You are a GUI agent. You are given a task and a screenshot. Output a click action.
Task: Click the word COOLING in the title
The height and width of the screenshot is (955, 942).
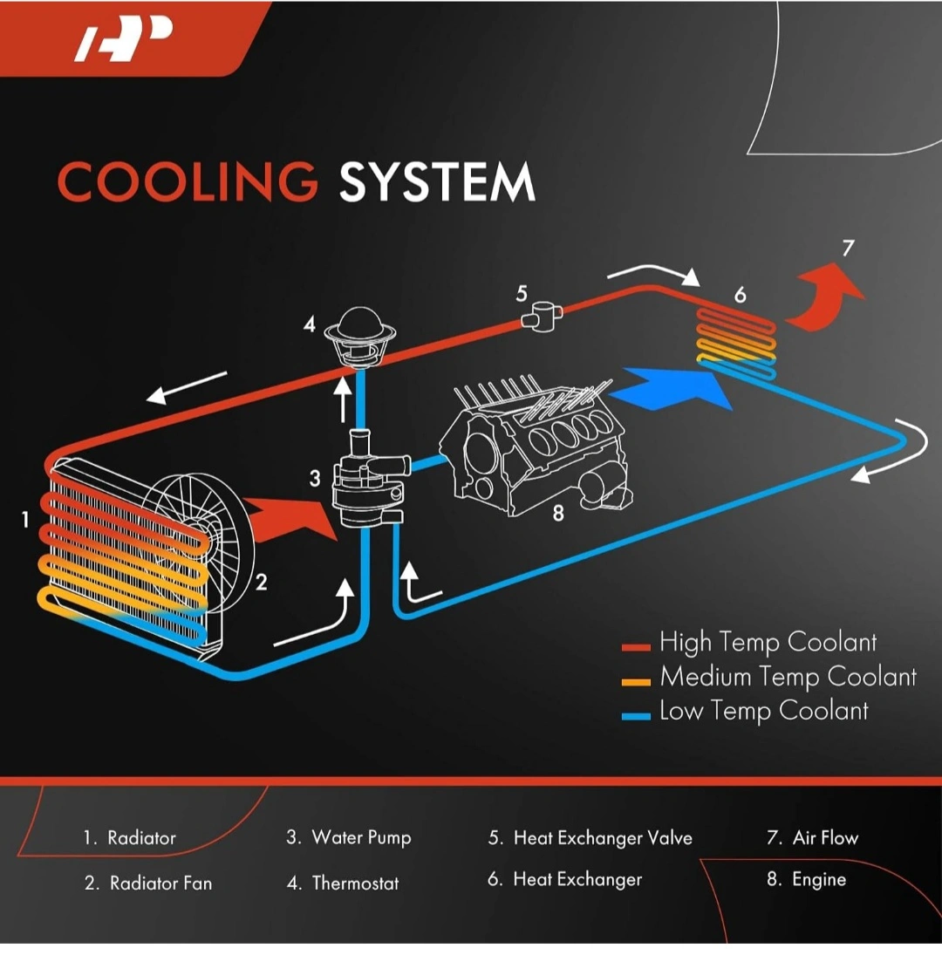[x=188, y=181]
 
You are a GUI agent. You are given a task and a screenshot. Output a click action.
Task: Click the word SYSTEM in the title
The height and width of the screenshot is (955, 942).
[x=437, y=181]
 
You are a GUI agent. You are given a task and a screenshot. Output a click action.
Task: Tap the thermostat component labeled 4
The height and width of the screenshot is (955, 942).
[x=360, y=338]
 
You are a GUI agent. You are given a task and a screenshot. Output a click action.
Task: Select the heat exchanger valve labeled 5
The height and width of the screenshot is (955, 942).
[x=542, y=316]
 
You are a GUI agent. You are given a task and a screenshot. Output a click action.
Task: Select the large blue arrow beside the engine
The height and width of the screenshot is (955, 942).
[x=671, y=389]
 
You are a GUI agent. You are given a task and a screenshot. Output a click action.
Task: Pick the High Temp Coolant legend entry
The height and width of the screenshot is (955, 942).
[x=749, y=643]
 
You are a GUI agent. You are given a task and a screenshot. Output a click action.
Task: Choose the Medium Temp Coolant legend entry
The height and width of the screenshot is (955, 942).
[x=768, y=678]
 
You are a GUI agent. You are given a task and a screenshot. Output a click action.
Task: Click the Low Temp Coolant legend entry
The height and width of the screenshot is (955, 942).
[x=745, y=712]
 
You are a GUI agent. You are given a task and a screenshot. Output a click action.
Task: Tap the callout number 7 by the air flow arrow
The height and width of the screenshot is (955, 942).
[x=848, y=248]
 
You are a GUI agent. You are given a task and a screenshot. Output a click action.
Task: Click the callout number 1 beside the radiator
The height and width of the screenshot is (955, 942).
[x=25, y=520]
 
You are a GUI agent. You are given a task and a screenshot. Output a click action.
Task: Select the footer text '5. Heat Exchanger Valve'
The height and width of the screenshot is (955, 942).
[x=590, y=838]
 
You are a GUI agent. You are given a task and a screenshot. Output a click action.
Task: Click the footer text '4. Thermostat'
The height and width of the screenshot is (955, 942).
[x=343, y=883]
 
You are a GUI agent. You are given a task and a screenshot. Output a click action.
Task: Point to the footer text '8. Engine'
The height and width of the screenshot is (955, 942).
[x=806, y=879]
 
